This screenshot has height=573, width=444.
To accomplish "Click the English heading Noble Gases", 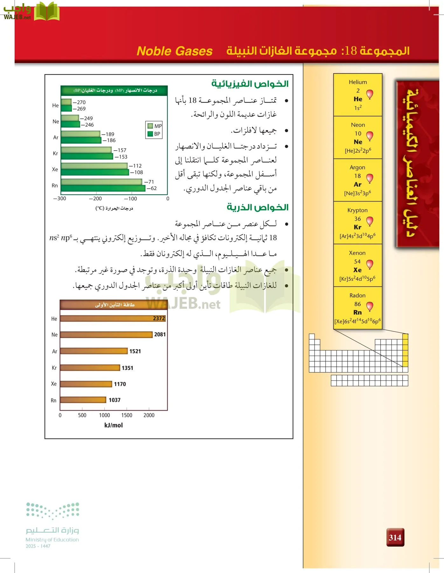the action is pyautogui.click(x=174, y=51).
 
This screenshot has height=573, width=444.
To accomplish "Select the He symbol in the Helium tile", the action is pyautogui.click(x=358, y=99).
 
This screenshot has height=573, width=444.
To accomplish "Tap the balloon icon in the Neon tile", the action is pyautogui.click(x=370, y=136).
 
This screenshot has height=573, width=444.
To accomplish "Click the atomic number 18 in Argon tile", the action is pyautogui.click(x=357, y=176).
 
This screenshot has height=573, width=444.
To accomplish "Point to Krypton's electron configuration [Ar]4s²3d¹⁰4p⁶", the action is pyautogui.click(x=357, y=236).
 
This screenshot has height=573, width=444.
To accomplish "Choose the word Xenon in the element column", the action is pyautogui.click(x=357, y=253).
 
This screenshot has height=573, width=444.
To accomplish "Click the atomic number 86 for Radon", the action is pyautogui.click(x=357, y=304).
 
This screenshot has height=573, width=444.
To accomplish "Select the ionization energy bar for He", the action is pyautogui.click(x=113, y=318).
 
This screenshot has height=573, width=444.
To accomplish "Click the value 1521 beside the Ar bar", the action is pyautogui.click(x=135, y=351).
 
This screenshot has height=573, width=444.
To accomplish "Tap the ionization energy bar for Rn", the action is pyautogui.click(x=83, y=400).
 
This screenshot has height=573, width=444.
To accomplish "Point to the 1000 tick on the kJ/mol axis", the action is pyautogui.click(x=104, y=415).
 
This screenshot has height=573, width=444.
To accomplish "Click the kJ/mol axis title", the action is pyautogui.click(x=114, y=425).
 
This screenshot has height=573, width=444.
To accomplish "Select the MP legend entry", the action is pyautogui.click(x=155, y=126).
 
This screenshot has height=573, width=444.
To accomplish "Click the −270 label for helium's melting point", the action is pyautogui.click(x=80, y=102).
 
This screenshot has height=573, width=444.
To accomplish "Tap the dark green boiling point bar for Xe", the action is pyautogui.click(x=95, y=173).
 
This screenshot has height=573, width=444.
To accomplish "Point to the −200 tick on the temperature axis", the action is pyautogui.click(x=95, y=199).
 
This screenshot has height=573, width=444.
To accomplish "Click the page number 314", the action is pyautogui.click(x=395, y=537).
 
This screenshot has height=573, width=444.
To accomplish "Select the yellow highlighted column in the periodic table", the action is pyautogui.click(x=405, y=350).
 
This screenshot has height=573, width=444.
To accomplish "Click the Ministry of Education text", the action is pyautogui.click(x=52, y=540).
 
